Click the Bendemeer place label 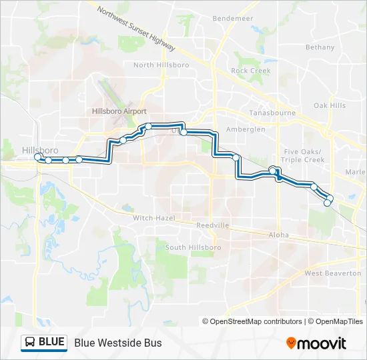[x=232, y=19]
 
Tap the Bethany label [x=320, y=47]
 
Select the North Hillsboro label [x=161, y=65]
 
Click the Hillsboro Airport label [x=119, y=111]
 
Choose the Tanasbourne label [x=272, y=113]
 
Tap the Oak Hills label [x=330, y=106]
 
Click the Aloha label [x=278, y=235]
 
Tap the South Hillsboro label [x=174, y=248]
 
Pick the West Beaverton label [x=332, y=273]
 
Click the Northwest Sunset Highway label [x=136, y=30]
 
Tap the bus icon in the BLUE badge [x=30, y=343]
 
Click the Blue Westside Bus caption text [x=118, y=343]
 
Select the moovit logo [x=316, y=343]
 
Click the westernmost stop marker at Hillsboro [x=39, y=157]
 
